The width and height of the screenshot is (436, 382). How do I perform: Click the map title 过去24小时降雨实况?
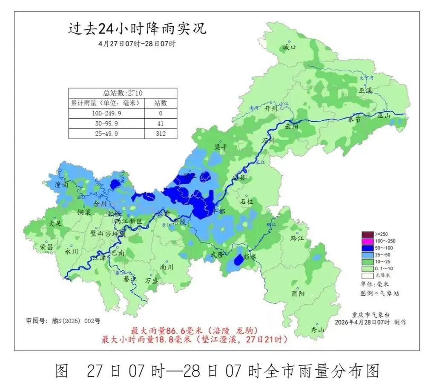(137, 29)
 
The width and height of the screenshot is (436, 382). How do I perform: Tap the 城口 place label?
(289, 48)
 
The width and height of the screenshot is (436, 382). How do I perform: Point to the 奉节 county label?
(354, 120)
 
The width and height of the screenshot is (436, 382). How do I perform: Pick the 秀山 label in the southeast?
(317, 330)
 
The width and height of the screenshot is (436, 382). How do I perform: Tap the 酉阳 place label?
(298, 294)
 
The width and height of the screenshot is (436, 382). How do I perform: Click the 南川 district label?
(166, 267)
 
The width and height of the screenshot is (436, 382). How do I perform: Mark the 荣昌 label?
(46, 247)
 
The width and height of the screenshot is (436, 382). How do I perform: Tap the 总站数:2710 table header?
(123, 93)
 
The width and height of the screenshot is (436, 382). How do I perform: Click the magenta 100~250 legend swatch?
(367, 241)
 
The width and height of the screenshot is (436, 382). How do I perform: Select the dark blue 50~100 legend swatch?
(367, 248)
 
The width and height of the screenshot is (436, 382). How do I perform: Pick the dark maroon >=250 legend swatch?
(367, 234)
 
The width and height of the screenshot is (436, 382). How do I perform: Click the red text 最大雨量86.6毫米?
(163, 331)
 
